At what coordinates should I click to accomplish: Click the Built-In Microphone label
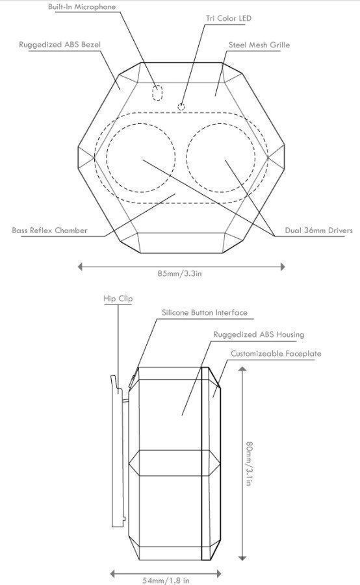82,6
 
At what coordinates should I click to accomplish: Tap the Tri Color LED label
229,18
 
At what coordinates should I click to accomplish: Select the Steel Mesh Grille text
259,45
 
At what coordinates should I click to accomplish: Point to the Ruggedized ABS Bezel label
60,45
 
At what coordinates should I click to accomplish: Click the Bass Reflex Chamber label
49,230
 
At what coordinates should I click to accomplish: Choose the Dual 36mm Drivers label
319,230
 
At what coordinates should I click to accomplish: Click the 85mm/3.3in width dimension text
179,273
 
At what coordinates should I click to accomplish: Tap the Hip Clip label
118,299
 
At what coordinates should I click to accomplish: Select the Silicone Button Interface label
205,312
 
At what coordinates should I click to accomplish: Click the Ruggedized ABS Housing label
259,334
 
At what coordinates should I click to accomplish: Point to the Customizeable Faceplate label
276,353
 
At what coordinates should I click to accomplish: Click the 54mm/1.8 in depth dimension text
166,580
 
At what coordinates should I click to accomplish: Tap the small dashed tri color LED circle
181,107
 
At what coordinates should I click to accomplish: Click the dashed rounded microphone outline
158,93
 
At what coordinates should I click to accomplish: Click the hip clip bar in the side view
117,451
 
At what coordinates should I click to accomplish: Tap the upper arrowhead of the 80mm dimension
242,369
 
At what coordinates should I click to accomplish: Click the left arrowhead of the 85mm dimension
80,266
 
